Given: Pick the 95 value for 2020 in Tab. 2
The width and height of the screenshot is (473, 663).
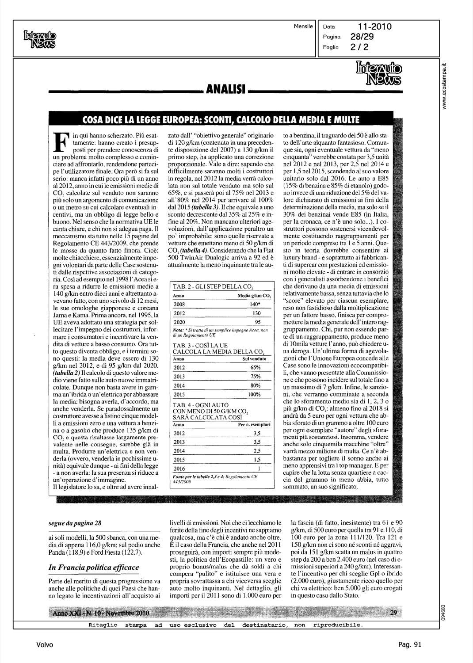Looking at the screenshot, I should point(258,322).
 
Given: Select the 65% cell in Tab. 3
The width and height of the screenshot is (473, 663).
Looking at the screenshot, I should point(255,368).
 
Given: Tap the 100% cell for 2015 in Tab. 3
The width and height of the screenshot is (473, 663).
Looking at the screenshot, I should point(254,394).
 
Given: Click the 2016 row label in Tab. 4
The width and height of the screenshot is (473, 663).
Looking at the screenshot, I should point(179,469).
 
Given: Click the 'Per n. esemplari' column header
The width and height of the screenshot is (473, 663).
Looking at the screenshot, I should point(254,424).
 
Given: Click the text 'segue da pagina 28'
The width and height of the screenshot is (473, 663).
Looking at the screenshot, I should point(75,522).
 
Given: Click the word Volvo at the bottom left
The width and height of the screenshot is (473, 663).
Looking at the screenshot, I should point(45,645).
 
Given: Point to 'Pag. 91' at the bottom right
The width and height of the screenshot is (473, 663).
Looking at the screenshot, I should point(410,645).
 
